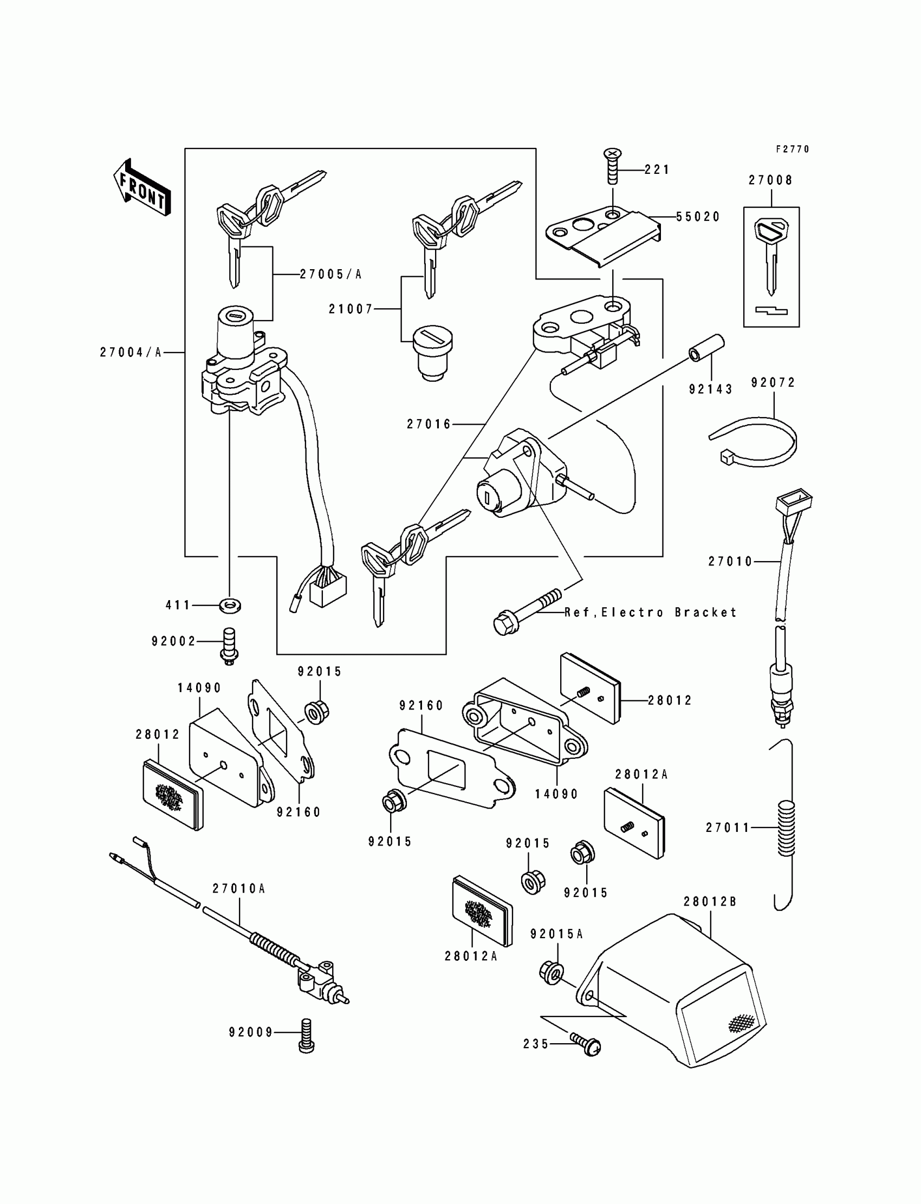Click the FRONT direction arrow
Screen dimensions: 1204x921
(x=142, y=188)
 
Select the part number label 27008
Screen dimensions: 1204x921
(x=771, y=180)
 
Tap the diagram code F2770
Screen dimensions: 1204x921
(x=792, y=149)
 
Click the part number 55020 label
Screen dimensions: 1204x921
(x=698, y=217)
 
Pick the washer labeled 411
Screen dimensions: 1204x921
(x=230, y=606)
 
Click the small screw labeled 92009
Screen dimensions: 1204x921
(x=306, y=1034)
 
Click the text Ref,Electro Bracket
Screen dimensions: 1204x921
(x=651, y=612)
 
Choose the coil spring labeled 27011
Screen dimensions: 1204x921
(x=786, y=827)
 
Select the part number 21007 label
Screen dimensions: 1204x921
(x=351, y=309)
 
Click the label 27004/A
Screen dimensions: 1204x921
(x=131, y=353)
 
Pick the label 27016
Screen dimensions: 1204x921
(x=429, y=424)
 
